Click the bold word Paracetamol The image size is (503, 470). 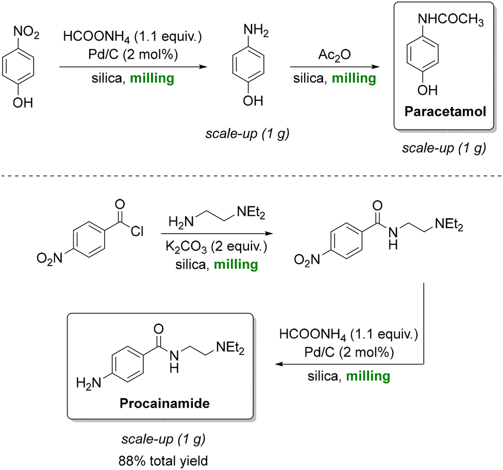tap(445, 112)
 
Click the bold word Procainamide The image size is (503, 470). tap(164, 403)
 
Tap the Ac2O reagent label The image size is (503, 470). tap(334, 55)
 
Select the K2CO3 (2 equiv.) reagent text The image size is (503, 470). tap(216, 247)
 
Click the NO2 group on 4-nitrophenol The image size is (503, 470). tap(26, 32)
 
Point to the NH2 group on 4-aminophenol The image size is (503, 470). tap(256, 31)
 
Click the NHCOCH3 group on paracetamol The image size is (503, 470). tap(451, 20)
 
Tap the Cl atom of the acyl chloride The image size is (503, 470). tap(137, 231)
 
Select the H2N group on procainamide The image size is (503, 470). tap(89, 383)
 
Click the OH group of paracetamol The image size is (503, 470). tap(427, 91)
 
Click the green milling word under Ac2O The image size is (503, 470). tap(354, 78)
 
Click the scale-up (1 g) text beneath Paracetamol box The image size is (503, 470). tap(444, 148)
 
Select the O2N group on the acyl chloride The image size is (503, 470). tap(49, 258)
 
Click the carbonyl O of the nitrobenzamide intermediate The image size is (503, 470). tap(378, 206)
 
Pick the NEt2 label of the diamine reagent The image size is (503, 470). tap(251, 213)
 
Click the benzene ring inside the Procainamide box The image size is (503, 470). tap(127, 364)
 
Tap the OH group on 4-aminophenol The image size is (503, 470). tap(253, 101)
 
